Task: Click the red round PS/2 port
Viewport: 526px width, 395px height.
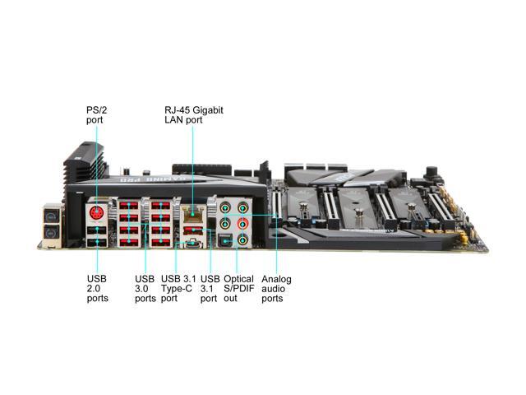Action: click(98, 212)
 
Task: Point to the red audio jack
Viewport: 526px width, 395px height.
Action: click(242, 224)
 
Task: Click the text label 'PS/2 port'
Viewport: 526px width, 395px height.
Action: click(95, 114)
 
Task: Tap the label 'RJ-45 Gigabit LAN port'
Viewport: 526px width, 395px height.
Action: click(194, 114)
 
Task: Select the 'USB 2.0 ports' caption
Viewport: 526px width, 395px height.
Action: click(97, 288)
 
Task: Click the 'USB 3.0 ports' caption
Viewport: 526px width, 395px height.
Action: click(145, 288)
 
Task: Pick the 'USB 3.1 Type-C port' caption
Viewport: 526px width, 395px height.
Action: click(180, 288)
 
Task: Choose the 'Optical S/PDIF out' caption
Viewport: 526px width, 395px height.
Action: click(239, 288)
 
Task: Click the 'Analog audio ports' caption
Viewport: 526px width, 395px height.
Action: click(276, 288)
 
